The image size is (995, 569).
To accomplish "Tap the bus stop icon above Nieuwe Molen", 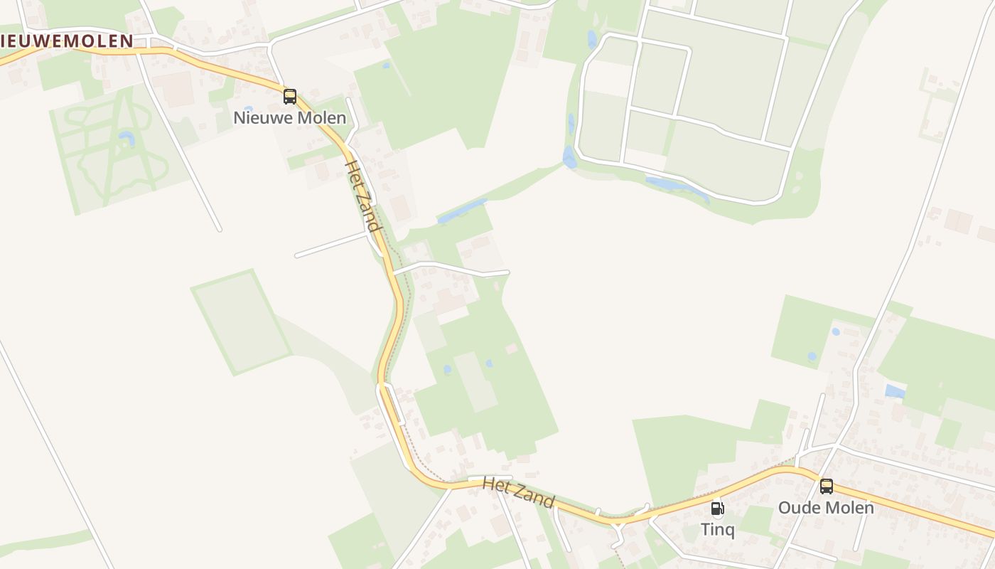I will tap(290, 97).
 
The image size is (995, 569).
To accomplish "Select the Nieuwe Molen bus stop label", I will tap(290, 118).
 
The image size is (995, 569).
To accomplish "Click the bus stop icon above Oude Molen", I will tap(827, 486).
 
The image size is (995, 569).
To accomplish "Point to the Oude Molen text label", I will tap(826, 508).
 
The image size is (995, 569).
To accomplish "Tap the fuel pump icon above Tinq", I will tap(718, 509).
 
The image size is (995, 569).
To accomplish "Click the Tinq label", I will tap(718, 530).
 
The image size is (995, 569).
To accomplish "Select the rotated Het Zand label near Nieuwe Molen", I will tap(362, 196).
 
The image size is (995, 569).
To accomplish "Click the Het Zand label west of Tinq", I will tap(518, 492).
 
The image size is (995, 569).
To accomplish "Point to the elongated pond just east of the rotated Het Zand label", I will tap(462, 211).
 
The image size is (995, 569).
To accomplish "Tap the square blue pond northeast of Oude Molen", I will tap(895, 391).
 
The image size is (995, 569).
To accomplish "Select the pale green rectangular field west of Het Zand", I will tap(242, 322).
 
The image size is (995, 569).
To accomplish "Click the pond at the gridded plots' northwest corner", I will tap(592, 38).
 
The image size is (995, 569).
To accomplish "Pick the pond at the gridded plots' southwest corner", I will tap(569, 157).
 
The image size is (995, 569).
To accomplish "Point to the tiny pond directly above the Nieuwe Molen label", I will tap(248, 109).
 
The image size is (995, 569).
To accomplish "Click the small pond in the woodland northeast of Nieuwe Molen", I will tap(386, 65).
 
